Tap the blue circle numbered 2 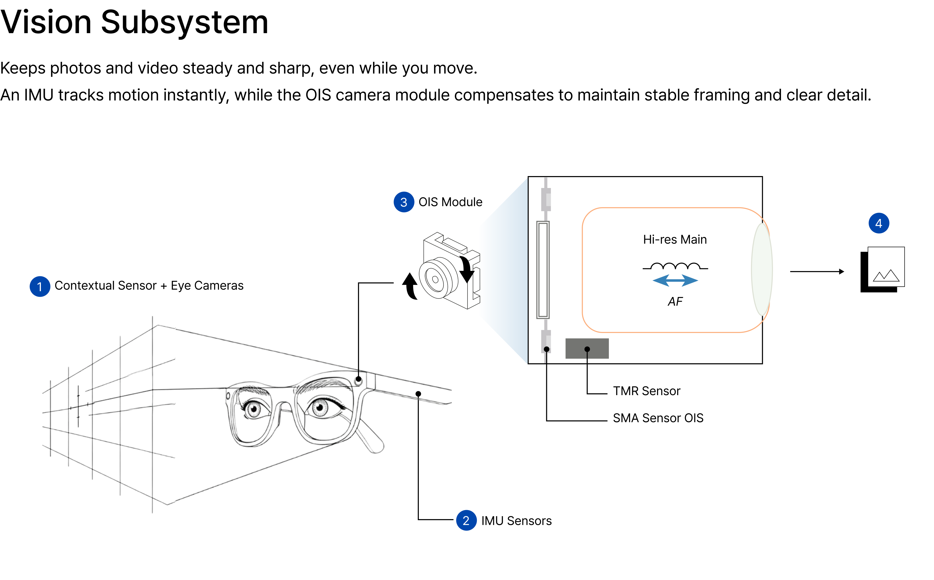(466, 520)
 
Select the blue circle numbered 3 (404, 202)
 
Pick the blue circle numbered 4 (879, 223)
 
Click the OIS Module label (450, 202)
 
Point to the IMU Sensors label (516, 521)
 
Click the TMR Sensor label (646, 391)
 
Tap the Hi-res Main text (675, 239)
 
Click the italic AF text (675, 301)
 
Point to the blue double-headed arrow (675, 280)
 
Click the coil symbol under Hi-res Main (675, 266)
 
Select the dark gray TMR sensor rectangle (587, 348)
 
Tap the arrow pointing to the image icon (817, 272)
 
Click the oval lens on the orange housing (762, 269)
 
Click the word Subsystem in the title (184, 22)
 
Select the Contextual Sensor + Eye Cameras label (149, 286)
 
